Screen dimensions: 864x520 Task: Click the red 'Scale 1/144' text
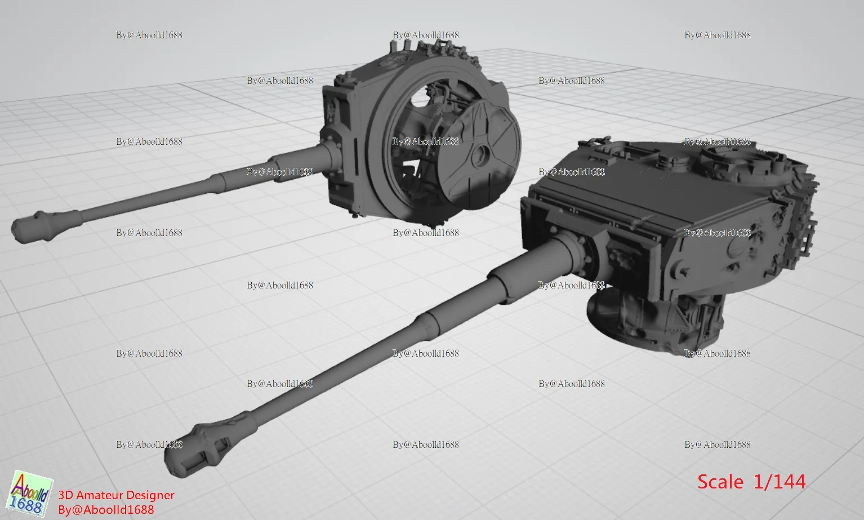(x=751, y=482)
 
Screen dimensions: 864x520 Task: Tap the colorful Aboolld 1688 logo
(x=30, y=494)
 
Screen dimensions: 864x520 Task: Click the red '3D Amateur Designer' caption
(x=116, y=495)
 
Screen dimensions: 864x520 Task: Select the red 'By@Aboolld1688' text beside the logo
(x=106, y=510)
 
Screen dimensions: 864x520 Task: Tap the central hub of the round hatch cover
(x=480, y=155)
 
